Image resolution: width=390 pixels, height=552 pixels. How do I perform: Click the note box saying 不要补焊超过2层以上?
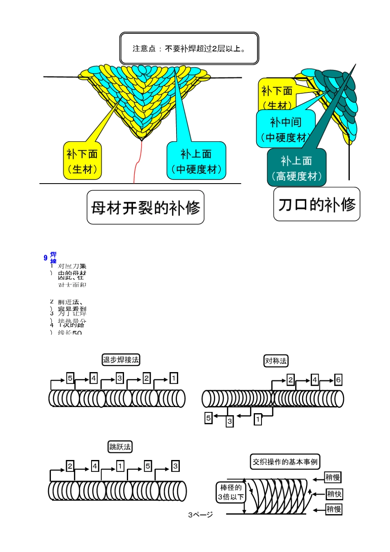(189, 48)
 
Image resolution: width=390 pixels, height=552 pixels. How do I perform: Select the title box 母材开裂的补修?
(145, 207)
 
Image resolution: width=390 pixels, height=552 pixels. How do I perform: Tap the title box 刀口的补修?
(317, 204)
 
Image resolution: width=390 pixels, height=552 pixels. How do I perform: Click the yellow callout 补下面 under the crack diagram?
(82, 161)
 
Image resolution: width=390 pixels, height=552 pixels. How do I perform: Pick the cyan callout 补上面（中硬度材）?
(196, 161)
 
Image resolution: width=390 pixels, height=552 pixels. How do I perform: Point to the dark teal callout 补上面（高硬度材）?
(296, 168)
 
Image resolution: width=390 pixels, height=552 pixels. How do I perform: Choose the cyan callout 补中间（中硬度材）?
(286, 129)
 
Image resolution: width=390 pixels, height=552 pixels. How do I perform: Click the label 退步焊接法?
(121, 360)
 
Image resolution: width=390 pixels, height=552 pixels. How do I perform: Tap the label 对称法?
(276, 361)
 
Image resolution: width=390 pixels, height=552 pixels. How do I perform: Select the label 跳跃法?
(120, 447)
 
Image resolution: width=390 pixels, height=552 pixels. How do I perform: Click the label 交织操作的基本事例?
(285, 462)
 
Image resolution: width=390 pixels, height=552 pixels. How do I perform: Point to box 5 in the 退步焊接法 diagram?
(70, 378)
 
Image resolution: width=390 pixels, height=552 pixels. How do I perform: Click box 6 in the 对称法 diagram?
(338, 380)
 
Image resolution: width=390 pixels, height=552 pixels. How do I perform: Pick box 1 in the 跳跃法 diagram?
(120, 466)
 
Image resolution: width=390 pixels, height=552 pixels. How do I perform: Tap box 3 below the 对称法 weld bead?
(229, 421)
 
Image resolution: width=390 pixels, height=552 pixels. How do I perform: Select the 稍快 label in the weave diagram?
(334, 494)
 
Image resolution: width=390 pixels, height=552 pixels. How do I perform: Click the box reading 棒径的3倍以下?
(231, 492)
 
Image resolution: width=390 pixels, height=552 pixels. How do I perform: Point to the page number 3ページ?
(200, 515)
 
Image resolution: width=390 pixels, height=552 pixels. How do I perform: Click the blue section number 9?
(46, 258)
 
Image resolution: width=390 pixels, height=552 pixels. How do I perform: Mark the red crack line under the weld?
(136, 168)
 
